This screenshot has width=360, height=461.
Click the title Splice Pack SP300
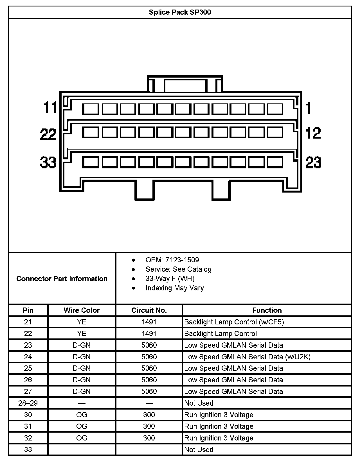point(180,12)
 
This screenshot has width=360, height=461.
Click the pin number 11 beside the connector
point(50,107)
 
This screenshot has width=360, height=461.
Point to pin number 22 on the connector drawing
point(48,134)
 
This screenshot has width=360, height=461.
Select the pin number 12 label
point(313,133)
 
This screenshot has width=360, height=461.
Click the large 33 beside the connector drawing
point(48,162)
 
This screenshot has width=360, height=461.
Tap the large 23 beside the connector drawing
point(313,162)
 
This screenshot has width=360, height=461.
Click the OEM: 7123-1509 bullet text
point(172,260)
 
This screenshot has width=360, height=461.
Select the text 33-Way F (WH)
point(170,279)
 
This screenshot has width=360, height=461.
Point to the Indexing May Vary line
point(175,288)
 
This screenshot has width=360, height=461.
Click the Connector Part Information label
point(62,279)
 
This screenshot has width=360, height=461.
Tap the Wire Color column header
point(82,310)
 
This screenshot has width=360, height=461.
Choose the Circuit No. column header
point(149,310)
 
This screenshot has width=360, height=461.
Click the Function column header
point(267,310)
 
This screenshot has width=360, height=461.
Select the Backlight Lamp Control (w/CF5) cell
point(234,322)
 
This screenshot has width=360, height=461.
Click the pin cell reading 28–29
point(28,403)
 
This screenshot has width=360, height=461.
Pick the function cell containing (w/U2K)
point(247,357)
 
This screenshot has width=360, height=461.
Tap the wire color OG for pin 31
point(82,426)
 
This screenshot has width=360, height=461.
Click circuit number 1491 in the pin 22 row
point(149,334)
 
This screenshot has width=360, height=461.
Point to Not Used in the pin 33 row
point(199,449)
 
